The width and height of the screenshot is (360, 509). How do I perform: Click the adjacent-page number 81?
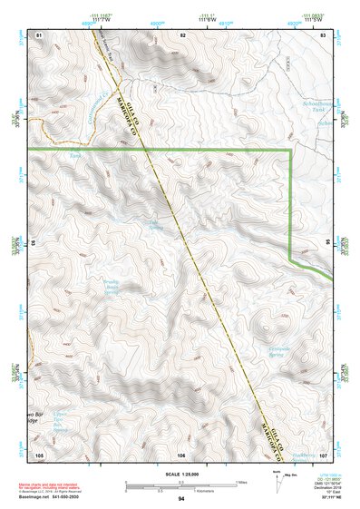click(x=39, y=34)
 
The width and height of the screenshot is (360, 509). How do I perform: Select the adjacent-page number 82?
click(x=182, y=34)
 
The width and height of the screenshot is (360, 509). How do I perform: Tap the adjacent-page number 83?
click(x=324, y=34)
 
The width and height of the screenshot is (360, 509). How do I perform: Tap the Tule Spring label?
click(x=154, y=223)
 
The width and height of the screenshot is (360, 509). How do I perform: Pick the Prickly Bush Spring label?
click(x=111, y=288)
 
